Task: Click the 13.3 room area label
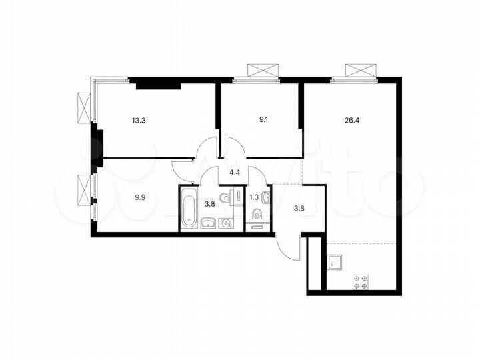(x=140, y=121)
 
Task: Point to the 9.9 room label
(x=140, y=197)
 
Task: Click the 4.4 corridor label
(x=235, y=172)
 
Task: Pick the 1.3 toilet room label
(x=253, y=197)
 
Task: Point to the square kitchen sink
(x=335, y=261)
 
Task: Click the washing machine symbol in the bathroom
(x=227, y=223)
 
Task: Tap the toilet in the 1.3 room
(x=257, y=215)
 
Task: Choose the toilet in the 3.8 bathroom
(x=228, y=197)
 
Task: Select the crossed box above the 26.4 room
(x=359, y=71)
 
